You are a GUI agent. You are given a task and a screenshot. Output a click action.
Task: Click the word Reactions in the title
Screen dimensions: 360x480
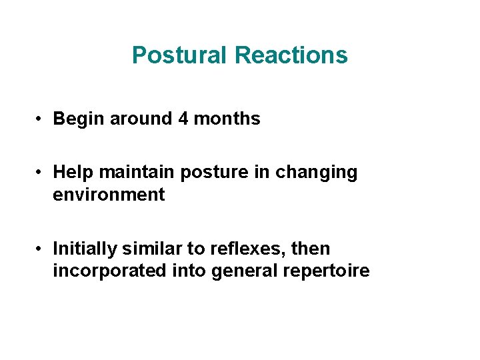point(291,55)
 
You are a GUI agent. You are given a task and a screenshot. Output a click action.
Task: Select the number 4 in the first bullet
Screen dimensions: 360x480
point(183,119)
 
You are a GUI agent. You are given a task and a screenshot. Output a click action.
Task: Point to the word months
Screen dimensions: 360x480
point(227,119)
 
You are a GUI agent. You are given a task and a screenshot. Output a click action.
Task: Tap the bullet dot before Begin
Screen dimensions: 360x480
point(41,119)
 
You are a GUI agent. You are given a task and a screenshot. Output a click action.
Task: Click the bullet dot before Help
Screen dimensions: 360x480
point(41,172)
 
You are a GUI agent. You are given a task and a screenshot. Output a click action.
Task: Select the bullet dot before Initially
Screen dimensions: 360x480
point(41,249)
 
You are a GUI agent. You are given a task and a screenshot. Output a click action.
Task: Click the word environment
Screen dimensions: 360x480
point(109,195)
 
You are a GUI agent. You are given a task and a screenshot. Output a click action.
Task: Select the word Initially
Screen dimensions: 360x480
point(82,249)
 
